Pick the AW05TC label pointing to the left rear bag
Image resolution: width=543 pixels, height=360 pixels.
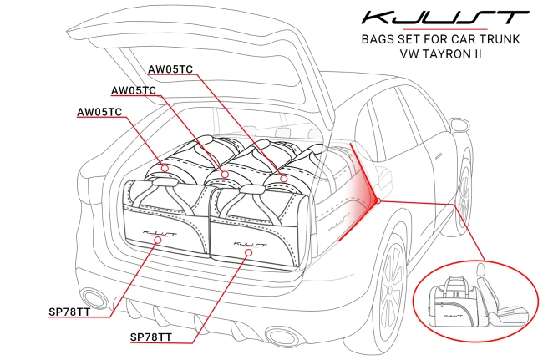tap(99, 111)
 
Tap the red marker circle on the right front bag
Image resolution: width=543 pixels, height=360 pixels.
tap(246, 250)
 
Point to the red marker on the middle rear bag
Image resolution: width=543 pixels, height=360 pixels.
tap(224, 174)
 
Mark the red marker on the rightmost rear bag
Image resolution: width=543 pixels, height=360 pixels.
tap(283, 178)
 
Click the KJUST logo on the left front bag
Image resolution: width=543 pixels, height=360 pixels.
tap(161, 224)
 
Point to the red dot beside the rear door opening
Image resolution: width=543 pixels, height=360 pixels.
tap(378, 200)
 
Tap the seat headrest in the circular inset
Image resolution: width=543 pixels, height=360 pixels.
tap(481, 271)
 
